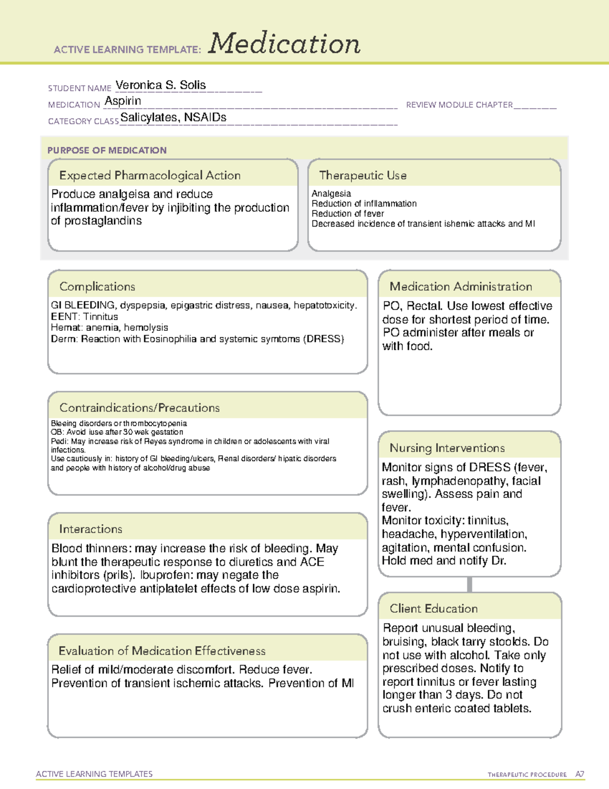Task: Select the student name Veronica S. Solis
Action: [x=160, y=85]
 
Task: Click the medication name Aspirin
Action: [x=123, y=101]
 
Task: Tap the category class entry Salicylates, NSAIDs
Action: [x=173, y=117]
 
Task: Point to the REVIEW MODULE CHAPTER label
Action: [x=459, y=105]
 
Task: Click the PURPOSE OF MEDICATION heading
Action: [x=107, y=150]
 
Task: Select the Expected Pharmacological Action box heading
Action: [x=150, y=175]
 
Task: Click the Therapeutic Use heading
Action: [x=362, y=175]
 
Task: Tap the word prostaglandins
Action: [x=103, y=221]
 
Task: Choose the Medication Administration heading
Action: [x=460, y=287]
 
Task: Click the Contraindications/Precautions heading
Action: [x=140, y=408]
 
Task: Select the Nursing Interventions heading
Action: [x=447, y=448]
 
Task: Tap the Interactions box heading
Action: [x=90, y=529]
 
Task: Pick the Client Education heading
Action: [x=433, y=609]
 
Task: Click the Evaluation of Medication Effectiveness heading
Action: [x=162, y=651]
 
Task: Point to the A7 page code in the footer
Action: [x=579, y=774]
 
